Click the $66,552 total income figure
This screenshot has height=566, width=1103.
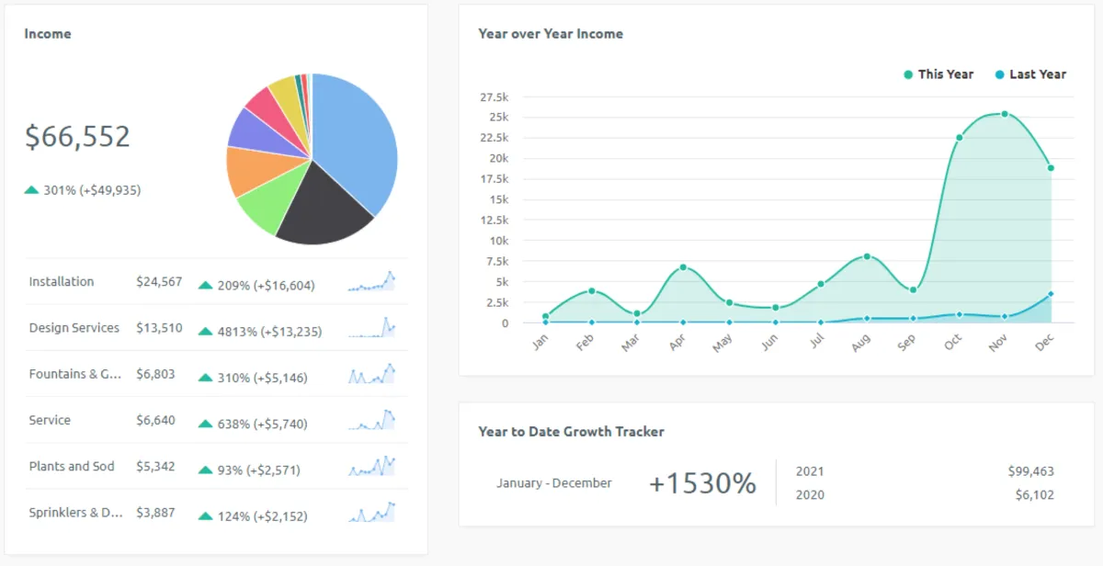(x=77, y=137)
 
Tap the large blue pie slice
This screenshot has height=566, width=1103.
(x=358, y=138)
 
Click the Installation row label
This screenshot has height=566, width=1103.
(x=62, y=282)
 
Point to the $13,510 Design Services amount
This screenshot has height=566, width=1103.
(x=159, y=328)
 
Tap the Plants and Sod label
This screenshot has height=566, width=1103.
(x=72, y=467)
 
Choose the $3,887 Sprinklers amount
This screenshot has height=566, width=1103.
(x=155, y=513)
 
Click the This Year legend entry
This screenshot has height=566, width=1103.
(x=938, y=74)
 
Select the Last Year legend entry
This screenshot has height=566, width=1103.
(x=1030, y=74)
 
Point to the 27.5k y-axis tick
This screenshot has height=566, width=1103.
(x=495, y=97)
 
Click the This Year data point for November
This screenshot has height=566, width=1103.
(x=1005, y=114)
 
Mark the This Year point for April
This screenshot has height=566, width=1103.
(x=683, y=267)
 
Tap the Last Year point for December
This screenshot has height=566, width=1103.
(x=1051, y=294)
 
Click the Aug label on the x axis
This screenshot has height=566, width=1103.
(x=861, y=344)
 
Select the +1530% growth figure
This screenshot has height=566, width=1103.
(x=702, y=483)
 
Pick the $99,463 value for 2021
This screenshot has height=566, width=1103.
(x=1030, y=471)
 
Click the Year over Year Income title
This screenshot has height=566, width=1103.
(x=551, y=34)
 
